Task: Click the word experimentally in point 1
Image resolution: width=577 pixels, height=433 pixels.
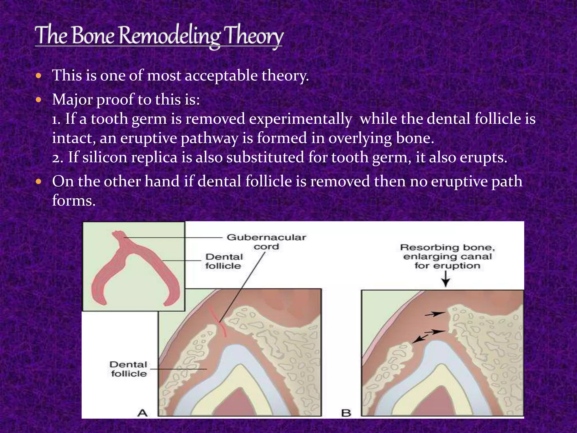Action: click(x=300, y=119)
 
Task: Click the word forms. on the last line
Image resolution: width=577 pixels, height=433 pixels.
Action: click(x=74, y=201)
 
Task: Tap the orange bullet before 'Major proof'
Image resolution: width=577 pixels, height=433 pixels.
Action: click(x=39, y=100)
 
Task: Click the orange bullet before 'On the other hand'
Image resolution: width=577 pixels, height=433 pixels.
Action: click(x=39, y=181)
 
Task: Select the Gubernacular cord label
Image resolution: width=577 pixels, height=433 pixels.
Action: click(x=266, y=242)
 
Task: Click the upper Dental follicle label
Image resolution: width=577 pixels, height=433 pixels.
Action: click(x=224, y=261)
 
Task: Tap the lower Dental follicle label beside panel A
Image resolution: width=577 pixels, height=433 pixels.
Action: click(x=128, y=369)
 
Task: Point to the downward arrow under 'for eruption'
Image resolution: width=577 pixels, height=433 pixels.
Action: click(x=445, y=279)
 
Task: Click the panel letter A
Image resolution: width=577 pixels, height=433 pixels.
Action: click(x=143, y=413)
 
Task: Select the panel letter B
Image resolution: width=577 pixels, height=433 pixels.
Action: click(x=346, y=413)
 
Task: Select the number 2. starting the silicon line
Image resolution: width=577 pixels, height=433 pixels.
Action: click(x=57, y=158)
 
